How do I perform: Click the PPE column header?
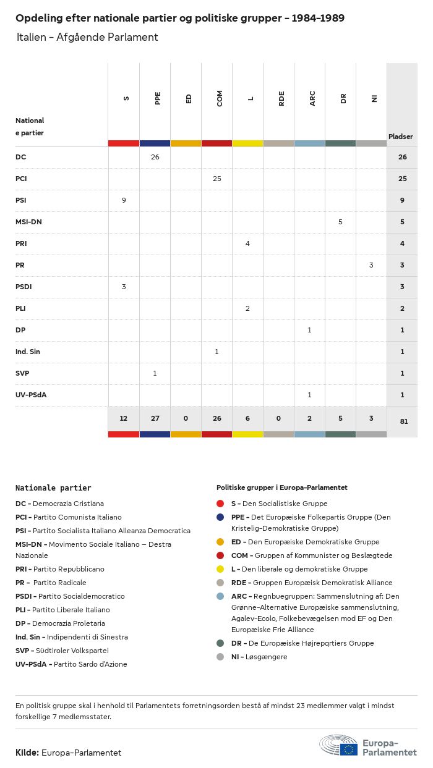pos(158,98)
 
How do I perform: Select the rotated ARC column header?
pos(312,98)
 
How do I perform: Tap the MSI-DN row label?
pos(28,222)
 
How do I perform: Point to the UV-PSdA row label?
pos(31,395)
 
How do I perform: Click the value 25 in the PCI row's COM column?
pos(216,179)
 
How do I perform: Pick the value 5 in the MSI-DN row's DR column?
pos(340,222)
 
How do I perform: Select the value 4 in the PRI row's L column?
pos(247,243)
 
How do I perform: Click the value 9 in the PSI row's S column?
pos(124,200)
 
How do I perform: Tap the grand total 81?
pos(402,421)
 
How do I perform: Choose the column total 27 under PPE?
pos(155,418)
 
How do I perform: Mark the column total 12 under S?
pos(124,418)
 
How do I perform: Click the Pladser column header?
pos(401,137)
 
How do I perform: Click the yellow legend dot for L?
pos(221,569)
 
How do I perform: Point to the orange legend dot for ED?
pos(221,542)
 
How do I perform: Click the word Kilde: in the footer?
pos(27,753)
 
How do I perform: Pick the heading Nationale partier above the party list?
pos(53,487)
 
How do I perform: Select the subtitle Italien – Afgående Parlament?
pos(87,37)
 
